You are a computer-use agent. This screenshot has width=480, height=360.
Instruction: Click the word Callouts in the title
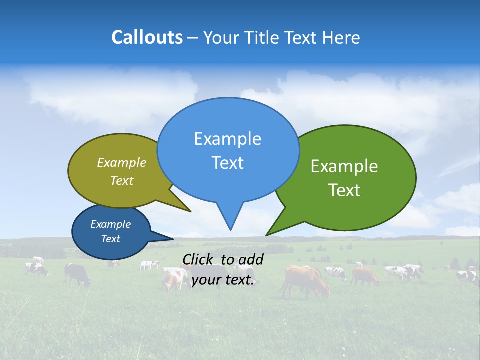(x=147, y=37)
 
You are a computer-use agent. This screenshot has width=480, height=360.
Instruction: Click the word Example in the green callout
(x=344, y=166)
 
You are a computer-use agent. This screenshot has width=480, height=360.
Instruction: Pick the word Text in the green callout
(x=344, y=190)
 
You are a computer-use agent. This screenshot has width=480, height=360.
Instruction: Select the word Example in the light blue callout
(x=227, y=139)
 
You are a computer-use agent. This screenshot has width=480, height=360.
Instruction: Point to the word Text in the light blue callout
(x=228, y=163)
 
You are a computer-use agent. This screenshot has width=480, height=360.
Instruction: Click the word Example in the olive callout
(x=122, y=162)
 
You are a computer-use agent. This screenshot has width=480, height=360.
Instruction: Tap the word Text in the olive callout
(x=122, y=180)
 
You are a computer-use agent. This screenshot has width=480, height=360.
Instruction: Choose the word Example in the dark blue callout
(x=110, y=224)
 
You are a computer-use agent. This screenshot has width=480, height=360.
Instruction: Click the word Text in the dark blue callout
(x=111, y=239)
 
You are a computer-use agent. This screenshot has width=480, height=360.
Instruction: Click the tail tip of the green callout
(x=266, y=235)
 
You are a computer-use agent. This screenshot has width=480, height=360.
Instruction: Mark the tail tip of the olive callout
(x=190, y=211)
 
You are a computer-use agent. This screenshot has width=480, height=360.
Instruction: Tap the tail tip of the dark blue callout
(x=173, y=239)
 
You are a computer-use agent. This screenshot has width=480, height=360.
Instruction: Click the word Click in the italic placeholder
(x=199, y=259)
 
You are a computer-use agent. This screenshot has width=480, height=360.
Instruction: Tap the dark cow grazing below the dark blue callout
(x=77, y=274)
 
